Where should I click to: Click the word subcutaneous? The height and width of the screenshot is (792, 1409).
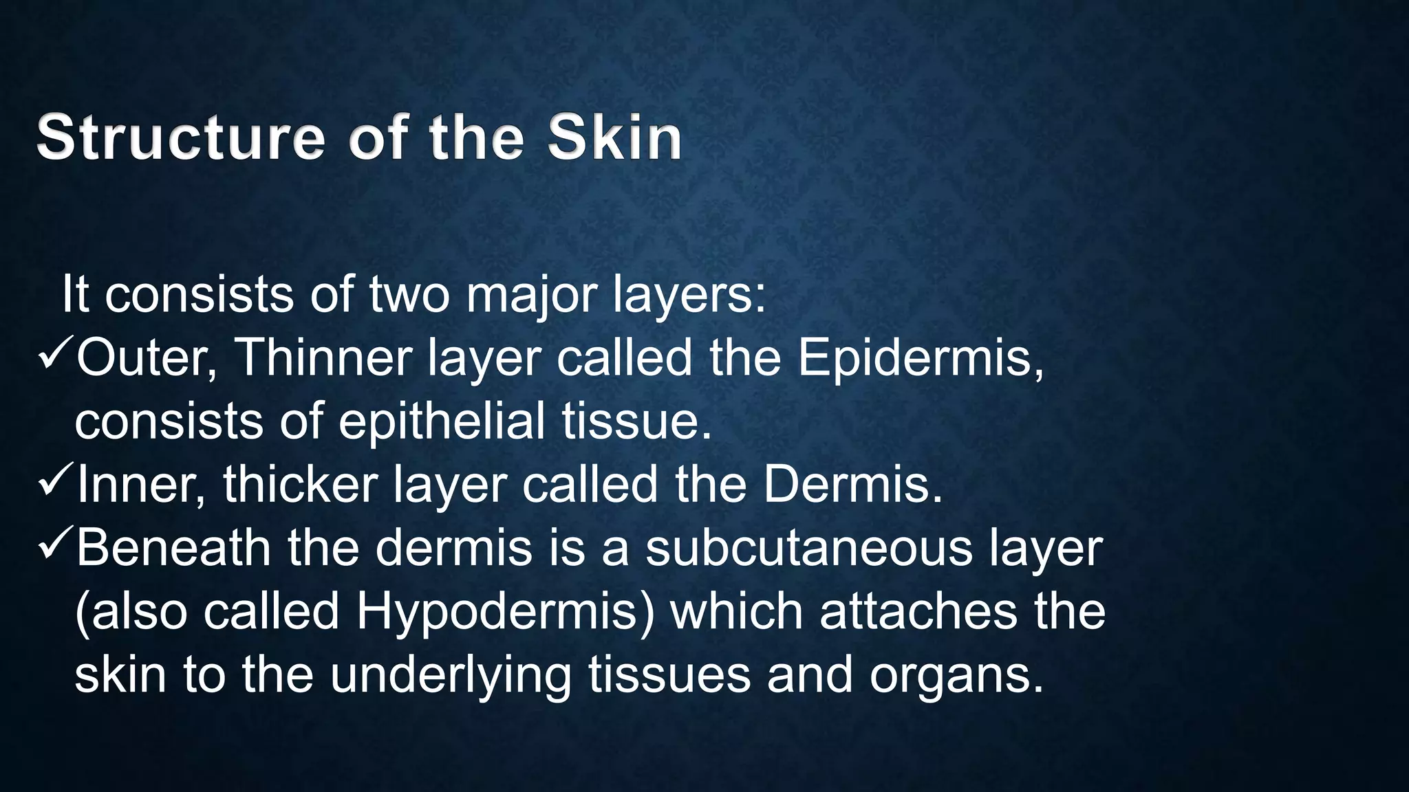[x=809, y=548]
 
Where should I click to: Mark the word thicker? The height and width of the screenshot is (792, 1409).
[x=300, y=485]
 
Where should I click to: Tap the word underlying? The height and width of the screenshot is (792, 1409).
[x=451, y=676]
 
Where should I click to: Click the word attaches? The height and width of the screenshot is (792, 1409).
[x=918, y=611]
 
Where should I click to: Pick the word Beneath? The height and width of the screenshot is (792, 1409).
[x=173, y=548]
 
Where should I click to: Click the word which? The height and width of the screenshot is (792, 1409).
[x=736, y=611]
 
